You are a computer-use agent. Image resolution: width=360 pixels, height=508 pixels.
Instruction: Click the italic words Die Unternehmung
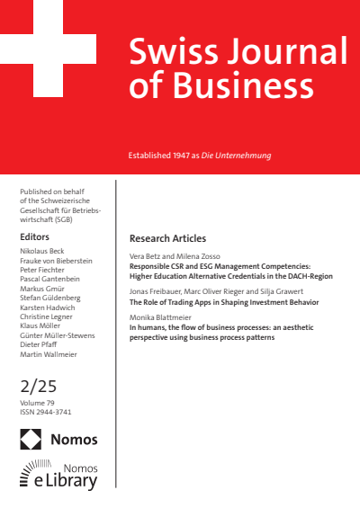click(x=239, y=156)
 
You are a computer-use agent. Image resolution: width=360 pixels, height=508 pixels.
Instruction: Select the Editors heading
click(x=34, y=236)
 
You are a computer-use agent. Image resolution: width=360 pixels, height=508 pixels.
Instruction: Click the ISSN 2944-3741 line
click(x=46, y=413)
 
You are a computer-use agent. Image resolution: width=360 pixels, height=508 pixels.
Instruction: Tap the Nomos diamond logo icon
click(x=31, y=439)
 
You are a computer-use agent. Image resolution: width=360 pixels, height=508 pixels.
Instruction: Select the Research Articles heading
click(x=168, y=238)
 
